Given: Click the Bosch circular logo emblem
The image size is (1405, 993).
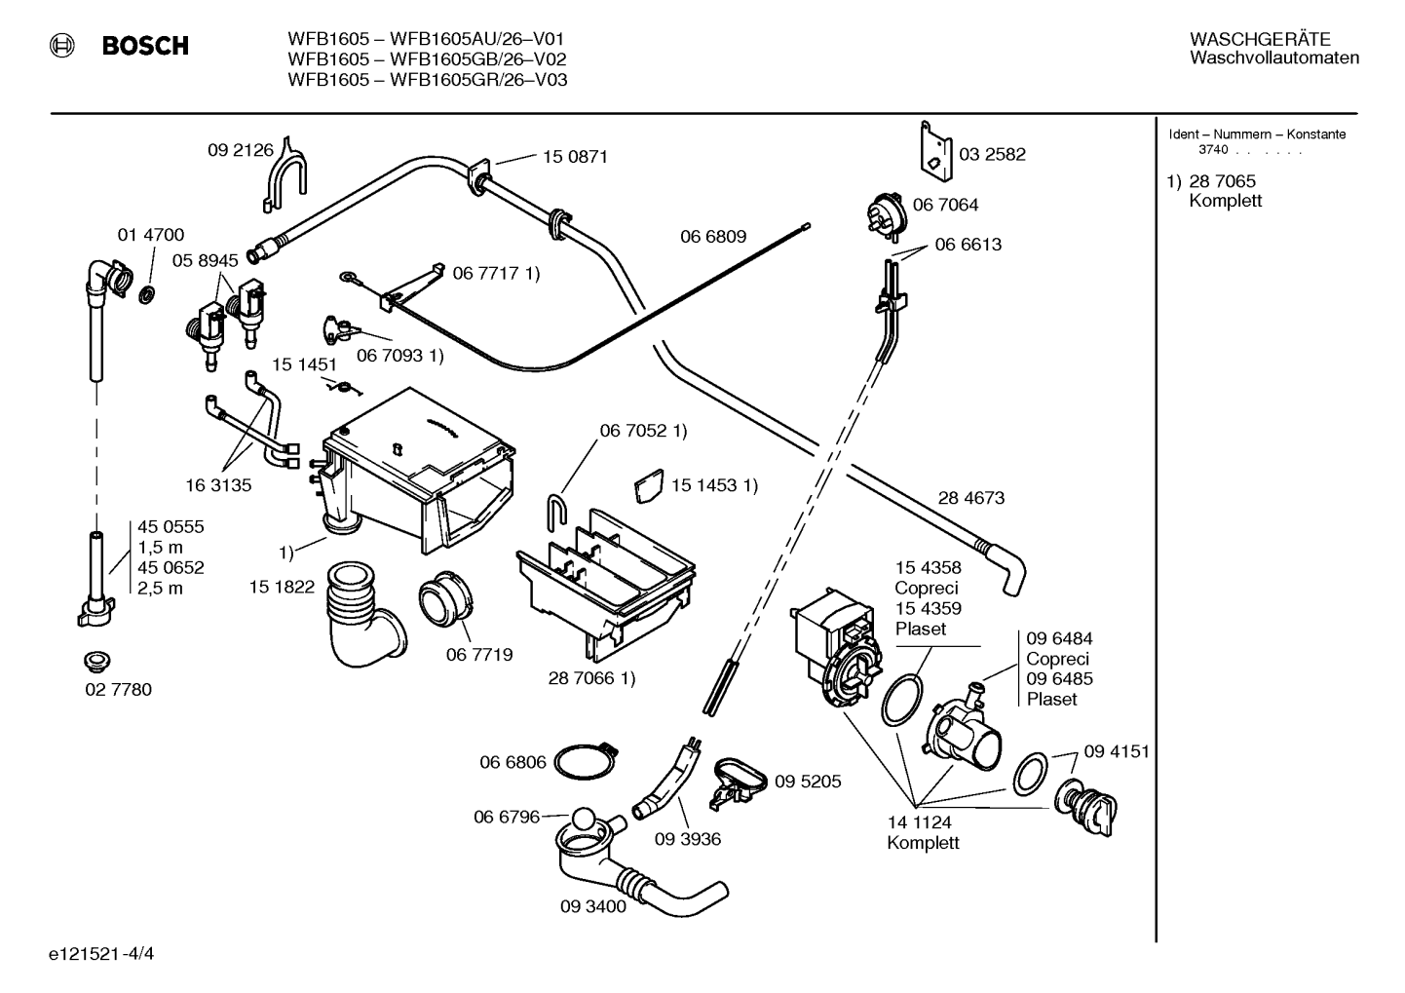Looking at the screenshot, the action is point(62,46).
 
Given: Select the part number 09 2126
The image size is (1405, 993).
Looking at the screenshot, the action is point(241,150).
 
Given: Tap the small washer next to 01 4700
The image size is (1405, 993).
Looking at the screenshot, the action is point(147,293).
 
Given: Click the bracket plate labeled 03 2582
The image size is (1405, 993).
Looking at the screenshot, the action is point(935,152).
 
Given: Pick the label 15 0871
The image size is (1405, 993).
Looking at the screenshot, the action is point(575,156).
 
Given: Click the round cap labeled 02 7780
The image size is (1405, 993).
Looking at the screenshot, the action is point(97,661).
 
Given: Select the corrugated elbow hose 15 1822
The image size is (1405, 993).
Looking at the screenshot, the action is point(361,615).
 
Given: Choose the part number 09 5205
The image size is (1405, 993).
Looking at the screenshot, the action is point(808,781).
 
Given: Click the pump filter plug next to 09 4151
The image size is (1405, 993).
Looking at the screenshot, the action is point(1086,807).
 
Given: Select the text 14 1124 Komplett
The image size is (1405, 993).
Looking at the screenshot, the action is point(923,832).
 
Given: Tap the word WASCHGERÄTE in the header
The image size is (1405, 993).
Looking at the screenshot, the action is point(1260,40).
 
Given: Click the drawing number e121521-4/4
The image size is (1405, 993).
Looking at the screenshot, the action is point(101,954).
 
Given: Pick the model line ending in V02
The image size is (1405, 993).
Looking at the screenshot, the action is point(427,59).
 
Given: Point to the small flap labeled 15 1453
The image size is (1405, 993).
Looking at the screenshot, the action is point(649,486).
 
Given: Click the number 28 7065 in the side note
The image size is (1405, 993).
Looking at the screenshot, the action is point(1223,181).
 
